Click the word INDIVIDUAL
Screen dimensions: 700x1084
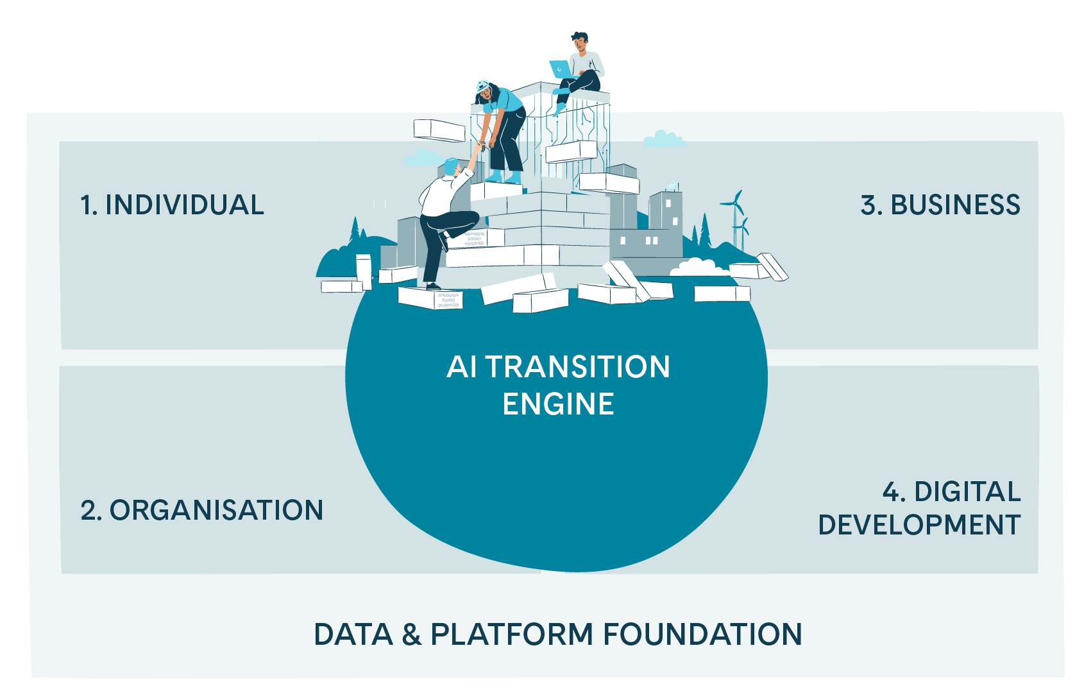point(185,205)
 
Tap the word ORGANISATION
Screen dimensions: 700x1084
point(216,511)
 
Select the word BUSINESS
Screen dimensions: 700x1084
point(955,205)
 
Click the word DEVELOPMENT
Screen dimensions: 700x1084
point(919,525)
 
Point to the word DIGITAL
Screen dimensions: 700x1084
point(967,492)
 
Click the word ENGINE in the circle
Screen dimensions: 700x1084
point(558,404)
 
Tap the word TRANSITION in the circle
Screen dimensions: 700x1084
point(577,368)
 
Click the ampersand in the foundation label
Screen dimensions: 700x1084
point(411,635)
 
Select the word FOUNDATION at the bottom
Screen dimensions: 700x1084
point(702,635)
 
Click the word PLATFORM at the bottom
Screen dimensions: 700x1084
point(512,635)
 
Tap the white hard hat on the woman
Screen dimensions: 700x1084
point(483,85)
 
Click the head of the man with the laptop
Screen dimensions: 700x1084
point(580,42)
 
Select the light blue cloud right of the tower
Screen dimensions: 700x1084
point(664,139)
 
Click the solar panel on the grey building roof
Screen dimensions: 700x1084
point(672,187)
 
